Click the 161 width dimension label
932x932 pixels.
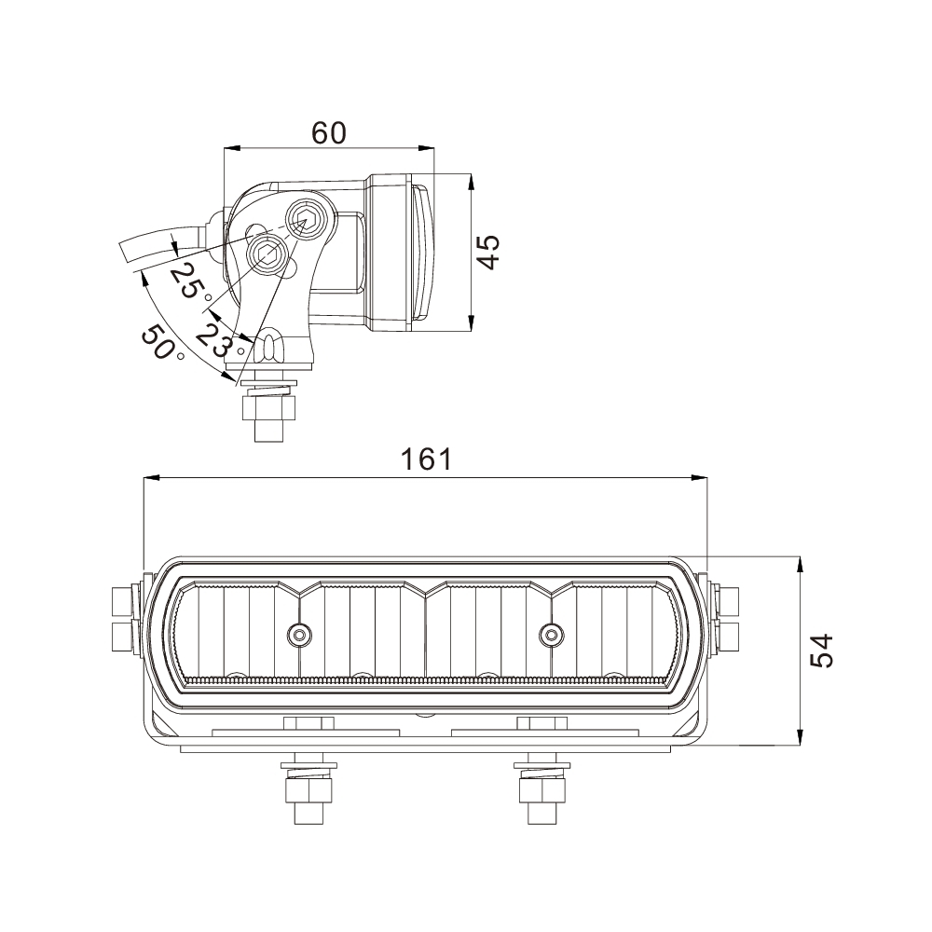coord(426,459)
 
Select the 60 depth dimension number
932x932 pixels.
coord(328,133)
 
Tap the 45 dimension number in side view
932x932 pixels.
coord(488,252)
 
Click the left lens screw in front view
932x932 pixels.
coord(299,635)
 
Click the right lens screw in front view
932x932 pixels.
coord(552,635)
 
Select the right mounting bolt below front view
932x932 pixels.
coord(541,789)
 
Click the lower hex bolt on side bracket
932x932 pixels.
coord(266,253)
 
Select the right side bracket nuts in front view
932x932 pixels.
coord(727,620)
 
